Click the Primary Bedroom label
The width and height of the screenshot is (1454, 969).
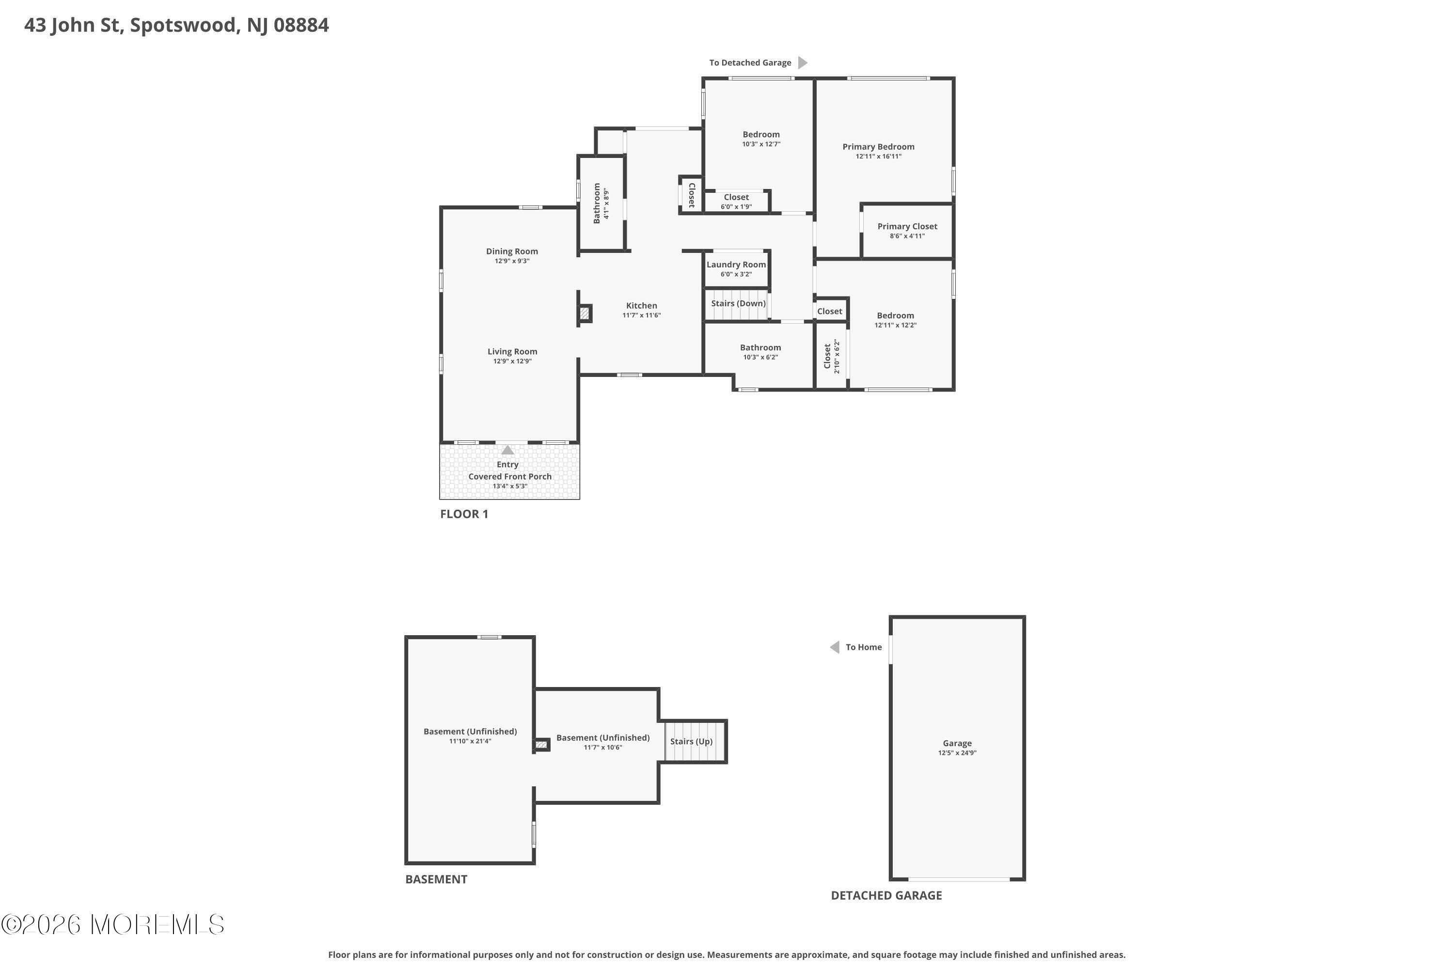[x=878, y=146]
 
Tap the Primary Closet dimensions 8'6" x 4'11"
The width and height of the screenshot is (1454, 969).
[x=907, y=236]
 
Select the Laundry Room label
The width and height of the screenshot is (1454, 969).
[x=736, y=265]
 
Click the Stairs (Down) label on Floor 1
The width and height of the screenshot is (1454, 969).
[x=738, y=303]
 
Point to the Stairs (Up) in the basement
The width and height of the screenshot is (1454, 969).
[x=691, y=742]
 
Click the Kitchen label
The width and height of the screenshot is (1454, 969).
[x=641, y=305]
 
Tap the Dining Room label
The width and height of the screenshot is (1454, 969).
[x=512, y=251]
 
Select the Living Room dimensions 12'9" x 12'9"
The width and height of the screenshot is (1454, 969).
[x=512, y=361]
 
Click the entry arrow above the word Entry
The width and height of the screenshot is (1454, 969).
[x=507, y=450]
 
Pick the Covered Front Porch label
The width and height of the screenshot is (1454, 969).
[x=509, y=476]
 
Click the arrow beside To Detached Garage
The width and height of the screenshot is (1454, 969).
[x=803, y=63]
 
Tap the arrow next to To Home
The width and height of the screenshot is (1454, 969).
[x=835, y=647]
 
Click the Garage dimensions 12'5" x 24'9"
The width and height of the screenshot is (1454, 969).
[x=957, y=753]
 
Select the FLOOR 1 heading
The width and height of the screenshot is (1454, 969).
[x=464, y=514]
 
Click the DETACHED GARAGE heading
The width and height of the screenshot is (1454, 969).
[x=886, y=895]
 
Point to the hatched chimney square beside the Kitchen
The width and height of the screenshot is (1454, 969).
[x=584, y=313]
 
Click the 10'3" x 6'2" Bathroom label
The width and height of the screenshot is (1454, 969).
[x=760, y=347]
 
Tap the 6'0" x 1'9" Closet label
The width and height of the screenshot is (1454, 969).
[x=736, y=197]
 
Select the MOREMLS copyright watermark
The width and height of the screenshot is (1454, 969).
[x=112, y=924]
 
